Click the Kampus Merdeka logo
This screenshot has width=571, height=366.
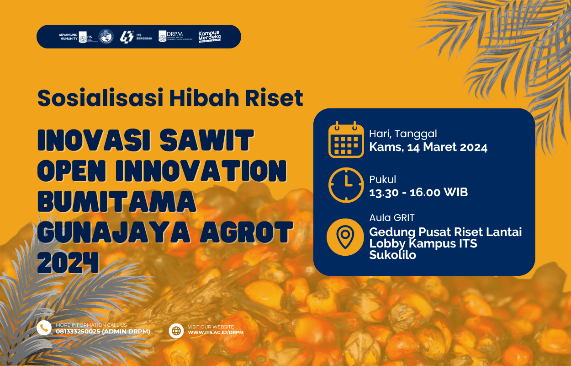click(x=209, y=37)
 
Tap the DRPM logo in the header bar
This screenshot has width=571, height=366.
click(x=175, y=37)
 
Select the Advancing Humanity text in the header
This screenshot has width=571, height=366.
click(x=68, y=37)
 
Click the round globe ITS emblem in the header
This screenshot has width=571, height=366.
click(x=106, y=37)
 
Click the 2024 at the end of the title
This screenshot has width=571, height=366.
click(x=68, y=263)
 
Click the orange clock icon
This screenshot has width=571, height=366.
click(x=346, y=185)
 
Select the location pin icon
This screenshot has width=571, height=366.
click(x=345, y=237)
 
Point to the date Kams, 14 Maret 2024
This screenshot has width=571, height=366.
click(x=428, y=147)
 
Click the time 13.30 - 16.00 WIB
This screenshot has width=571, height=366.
click(x=418, y=192)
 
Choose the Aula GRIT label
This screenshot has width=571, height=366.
click(x=392, y=218)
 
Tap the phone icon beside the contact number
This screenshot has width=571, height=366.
click(x=44, y=328)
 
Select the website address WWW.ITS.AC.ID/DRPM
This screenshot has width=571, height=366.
click(x=216, y=332)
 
